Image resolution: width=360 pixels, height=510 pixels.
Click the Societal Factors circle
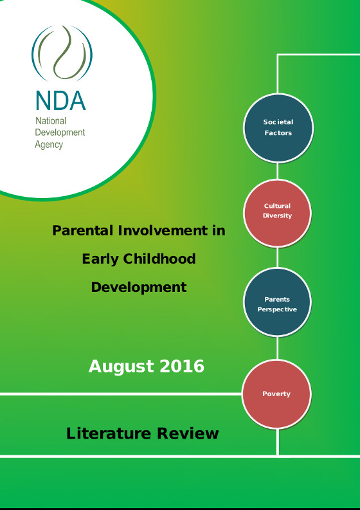click(x=278, y=128)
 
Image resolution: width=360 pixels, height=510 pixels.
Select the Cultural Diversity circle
click(x=278, y=213)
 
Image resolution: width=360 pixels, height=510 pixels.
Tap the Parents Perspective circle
click(x=277, y=302)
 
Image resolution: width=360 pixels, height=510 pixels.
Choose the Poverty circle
click(x=276, y=394)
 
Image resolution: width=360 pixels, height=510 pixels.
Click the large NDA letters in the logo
click(x=60, y=100)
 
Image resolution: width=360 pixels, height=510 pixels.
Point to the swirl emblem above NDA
click(x=62, y=53)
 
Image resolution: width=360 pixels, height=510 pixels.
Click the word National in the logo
click(x=51, y=121)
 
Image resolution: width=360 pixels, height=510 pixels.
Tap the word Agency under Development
click(x=49, y=145)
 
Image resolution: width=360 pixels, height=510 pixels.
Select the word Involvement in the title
click(x=163, y=231)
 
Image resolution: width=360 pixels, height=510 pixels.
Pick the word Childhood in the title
click(x=159, y=259)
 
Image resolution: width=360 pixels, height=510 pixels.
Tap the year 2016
click(x=182, y=366)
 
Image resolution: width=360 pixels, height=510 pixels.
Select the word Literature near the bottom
click(x=109, y=433)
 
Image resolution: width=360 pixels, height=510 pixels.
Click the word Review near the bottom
click(x=188, y=433)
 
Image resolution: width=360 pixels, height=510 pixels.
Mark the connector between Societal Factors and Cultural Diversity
click(x=278, y=171)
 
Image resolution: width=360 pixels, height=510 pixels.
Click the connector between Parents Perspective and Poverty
click(x=278, y=348)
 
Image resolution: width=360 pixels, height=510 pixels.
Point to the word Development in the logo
click(x=60, y=132)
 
